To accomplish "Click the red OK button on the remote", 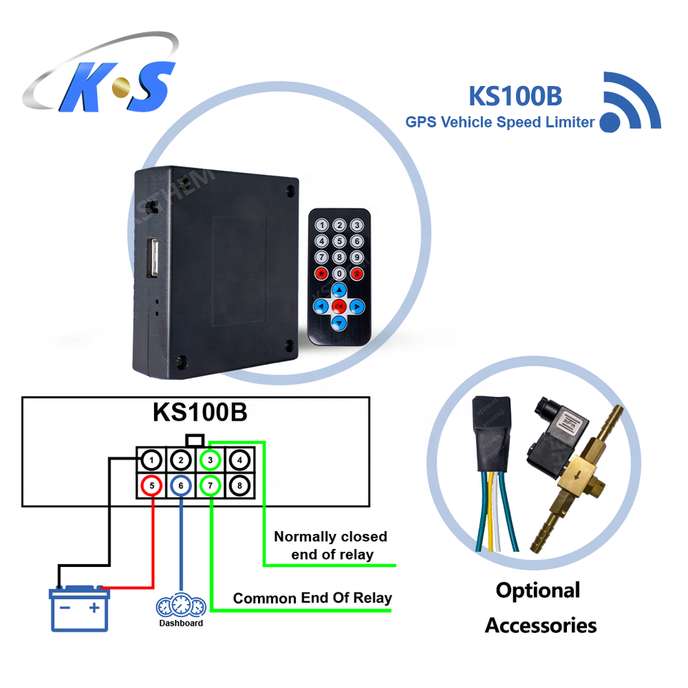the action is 340,307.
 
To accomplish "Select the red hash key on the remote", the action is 357,273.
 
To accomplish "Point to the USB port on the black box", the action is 153,259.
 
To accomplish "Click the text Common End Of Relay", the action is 312,598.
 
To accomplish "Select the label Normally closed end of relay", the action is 330,545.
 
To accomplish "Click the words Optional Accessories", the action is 540,608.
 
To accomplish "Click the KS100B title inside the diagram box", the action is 200,414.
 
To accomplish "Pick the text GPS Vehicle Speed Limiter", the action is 500,122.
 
